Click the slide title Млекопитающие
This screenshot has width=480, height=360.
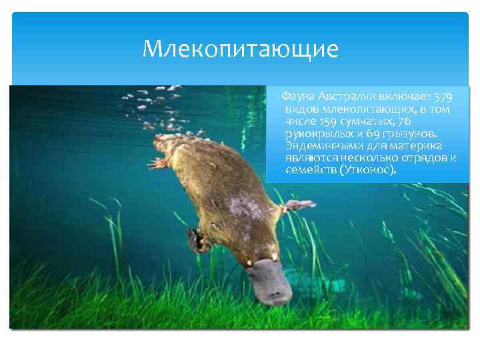click(241, 49)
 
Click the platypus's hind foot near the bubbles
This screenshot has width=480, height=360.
click(158, 162)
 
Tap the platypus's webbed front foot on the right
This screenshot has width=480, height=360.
click(293, 205)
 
